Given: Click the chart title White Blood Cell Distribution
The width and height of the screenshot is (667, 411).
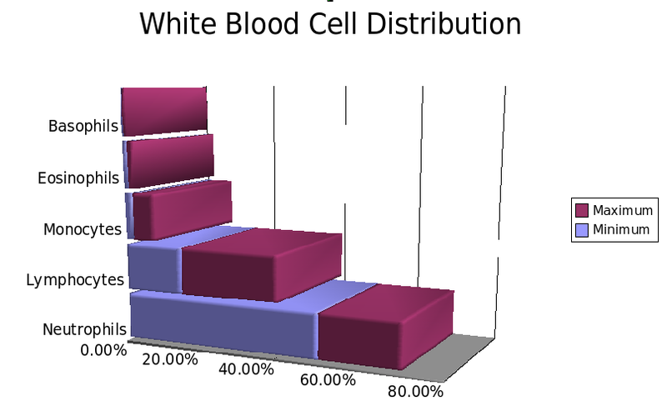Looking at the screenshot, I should tap(329, 23).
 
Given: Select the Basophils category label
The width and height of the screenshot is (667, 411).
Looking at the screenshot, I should tap(83, 127).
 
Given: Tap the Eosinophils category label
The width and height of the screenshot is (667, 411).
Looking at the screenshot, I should tap(78, 178).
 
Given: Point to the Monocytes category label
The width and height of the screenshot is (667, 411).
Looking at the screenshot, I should tap(82, 229).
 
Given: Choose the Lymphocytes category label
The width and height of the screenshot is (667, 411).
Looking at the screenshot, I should tap(75, 280).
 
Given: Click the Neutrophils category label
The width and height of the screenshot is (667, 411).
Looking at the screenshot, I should tap(84, 330).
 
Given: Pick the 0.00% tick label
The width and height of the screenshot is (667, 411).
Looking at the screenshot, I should tap(103, 349).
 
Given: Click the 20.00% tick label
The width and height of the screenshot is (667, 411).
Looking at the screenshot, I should tap(170, 359).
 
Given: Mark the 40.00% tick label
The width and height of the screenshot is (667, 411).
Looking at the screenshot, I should tap(246, 369).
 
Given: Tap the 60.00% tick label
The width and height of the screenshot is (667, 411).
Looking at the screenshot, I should tap(328, 380).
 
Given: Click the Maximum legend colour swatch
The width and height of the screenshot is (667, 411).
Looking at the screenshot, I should tap(581, 210).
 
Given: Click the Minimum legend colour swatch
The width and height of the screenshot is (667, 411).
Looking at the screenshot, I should tap(581, 229).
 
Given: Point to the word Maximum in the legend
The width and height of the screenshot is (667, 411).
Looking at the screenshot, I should tap(621, 210).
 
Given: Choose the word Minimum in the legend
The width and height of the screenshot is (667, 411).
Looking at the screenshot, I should tap(620, 229).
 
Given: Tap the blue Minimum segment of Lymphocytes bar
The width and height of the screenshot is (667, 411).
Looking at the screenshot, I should tap(154, 268).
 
